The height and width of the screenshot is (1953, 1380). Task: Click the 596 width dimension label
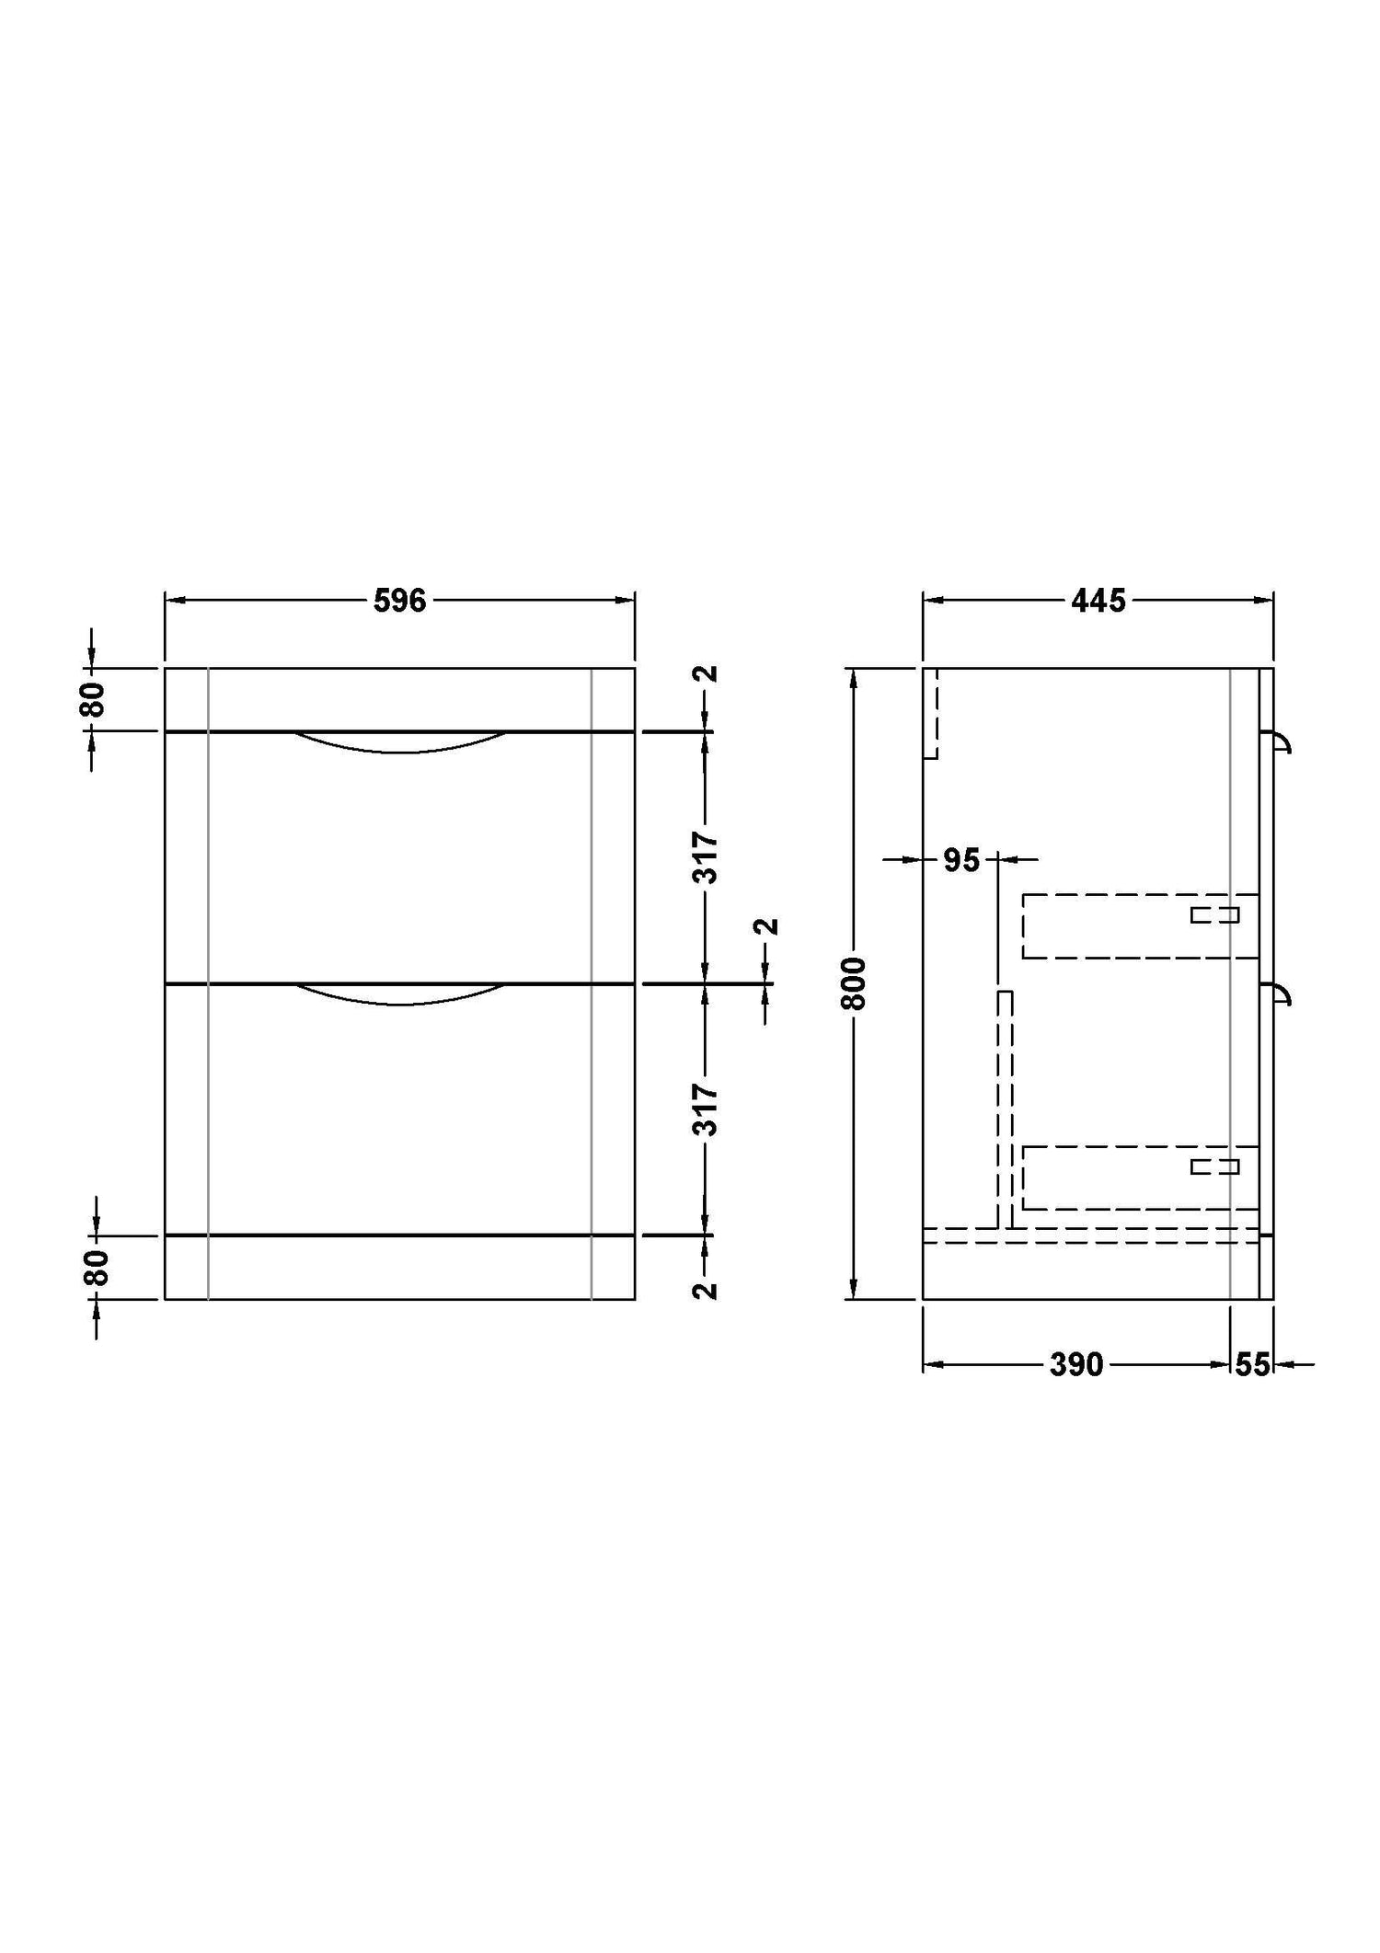point(400,601)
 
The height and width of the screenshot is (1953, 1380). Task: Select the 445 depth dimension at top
point(1098,601)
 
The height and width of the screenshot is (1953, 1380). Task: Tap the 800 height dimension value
point(855,983)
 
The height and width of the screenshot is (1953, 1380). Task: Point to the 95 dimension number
point(961,861)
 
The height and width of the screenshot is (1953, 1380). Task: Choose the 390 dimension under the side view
point(1076,1364)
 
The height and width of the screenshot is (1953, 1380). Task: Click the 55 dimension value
point(1252,1364)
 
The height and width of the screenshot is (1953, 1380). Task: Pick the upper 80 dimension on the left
point(96,699)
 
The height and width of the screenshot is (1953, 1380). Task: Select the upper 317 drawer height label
point(706,857)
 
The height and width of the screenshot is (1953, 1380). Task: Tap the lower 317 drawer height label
point(706,1109)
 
